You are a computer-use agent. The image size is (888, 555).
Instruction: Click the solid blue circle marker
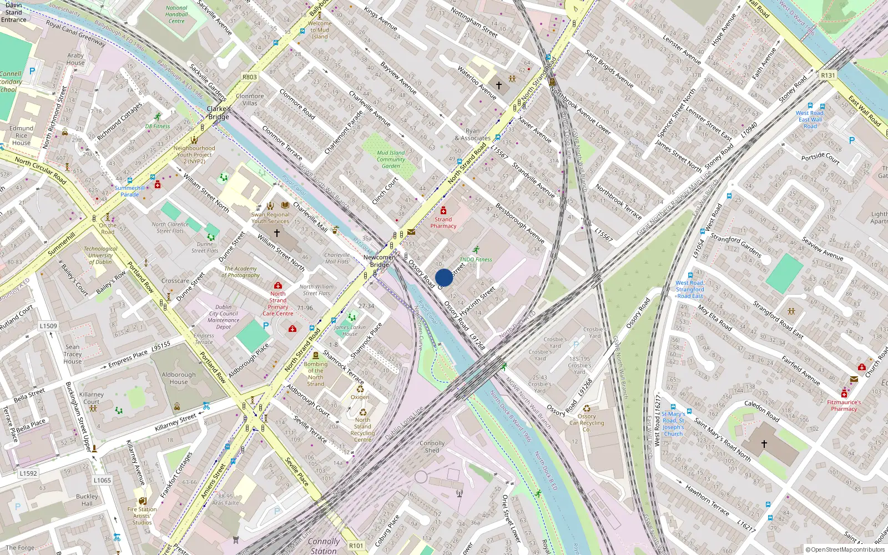(x=444, y=277)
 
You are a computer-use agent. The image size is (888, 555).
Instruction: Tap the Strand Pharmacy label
(x=443, y=223)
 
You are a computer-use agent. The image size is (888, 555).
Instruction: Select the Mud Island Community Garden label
(x=391, y=159)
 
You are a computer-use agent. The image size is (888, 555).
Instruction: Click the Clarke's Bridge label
(x=219, y=113)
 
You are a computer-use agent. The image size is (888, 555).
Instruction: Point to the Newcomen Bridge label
(x=380, y=261)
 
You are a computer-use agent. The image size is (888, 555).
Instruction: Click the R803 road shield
(x=250, y=77)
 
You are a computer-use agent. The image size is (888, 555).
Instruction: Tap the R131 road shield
(x=828, y=75)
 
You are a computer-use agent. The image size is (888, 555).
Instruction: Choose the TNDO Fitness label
(x=476, y=259)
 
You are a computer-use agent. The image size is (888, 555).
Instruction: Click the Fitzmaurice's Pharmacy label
(x=844, y=406)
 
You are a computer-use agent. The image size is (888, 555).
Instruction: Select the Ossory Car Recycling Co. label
(x=587, y=423)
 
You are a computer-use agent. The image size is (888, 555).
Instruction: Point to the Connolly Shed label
(x=432, y=447)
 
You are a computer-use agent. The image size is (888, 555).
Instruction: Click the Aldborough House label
(x=179, y=378)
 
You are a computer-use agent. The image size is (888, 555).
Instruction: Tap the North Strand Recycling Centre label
(x=362, y=430)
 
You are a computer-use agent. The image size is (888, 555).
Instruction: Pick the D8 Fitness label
(x=158, y=126)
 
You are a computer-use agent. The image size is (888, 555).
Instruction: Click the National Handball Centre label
(x=176, y=14)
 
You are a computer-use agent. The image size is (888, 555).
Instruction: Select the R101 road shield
(x=356, y=546)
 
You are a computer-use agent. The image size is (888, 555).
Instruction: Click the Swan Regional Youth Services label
(x=270, y=218)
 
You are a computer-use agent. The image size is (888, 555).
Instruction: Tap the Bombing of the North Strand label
(x=316, y=374)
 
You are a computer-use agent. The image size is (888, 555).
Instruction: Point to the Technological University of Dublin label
(x=100, y=255)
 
